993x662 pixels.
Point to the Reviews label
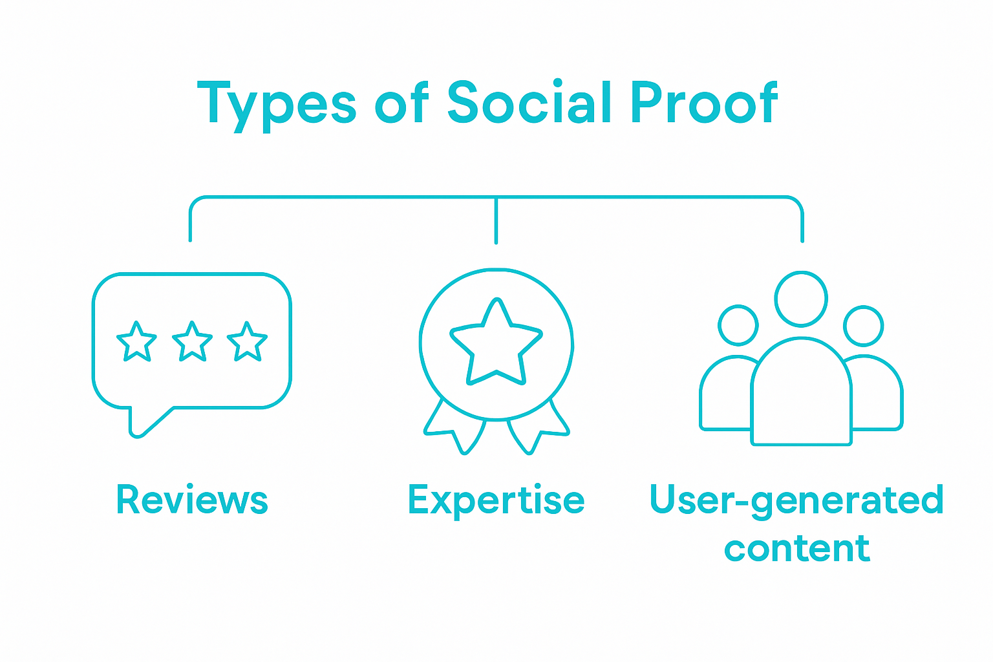click(192, 500)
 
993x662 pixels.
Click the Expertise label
click(496, 500)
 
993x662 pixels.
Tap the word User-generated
click(796, 500)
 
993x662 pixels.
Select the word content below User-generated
click(796, 548)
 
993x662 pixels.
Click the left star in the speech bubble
click(136, 342)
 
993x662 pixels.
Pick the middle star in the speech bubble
click(192, 342)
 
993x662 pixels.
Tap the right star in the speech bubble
click(247, 342)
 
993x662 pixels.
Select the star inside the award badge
click(496, 345)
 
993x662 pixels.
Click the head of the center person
click(801, 299)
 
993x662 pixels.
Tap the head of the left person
click(738, 325)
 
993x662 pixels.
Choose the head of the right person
click(863, 325)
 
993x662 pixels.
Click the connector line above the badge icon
click(496, 220)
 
